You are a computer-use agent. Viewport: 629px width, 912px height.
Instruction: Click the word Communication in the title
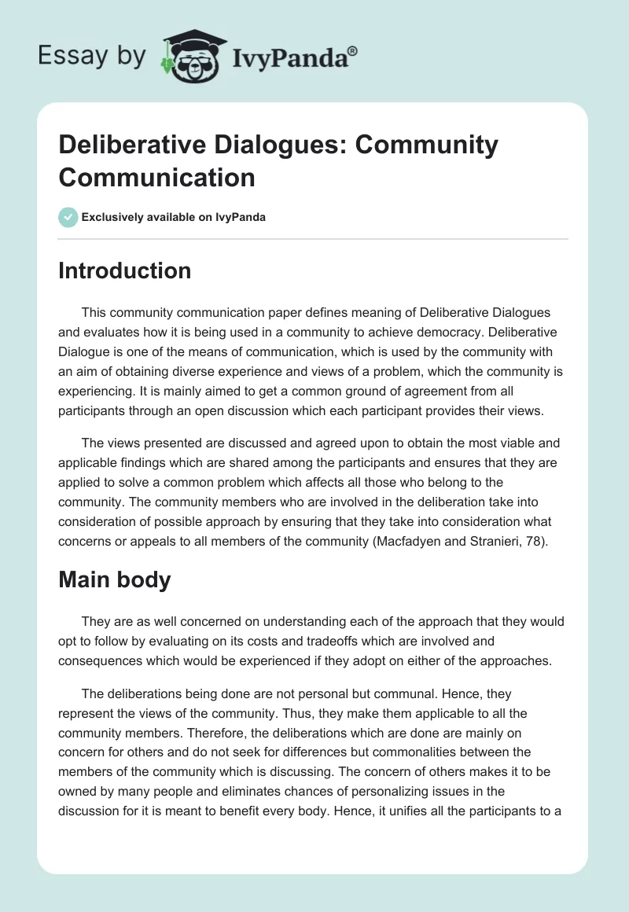pos(157,177)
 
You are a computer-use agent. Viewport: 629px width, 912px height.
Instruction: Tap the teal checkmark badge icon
pos(68,217)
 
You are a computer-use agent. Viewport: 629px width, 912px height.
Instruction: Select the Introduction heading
pos(125,270)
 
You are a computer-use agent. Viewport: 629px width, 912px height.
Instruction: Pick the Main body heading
pos(115,579)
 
